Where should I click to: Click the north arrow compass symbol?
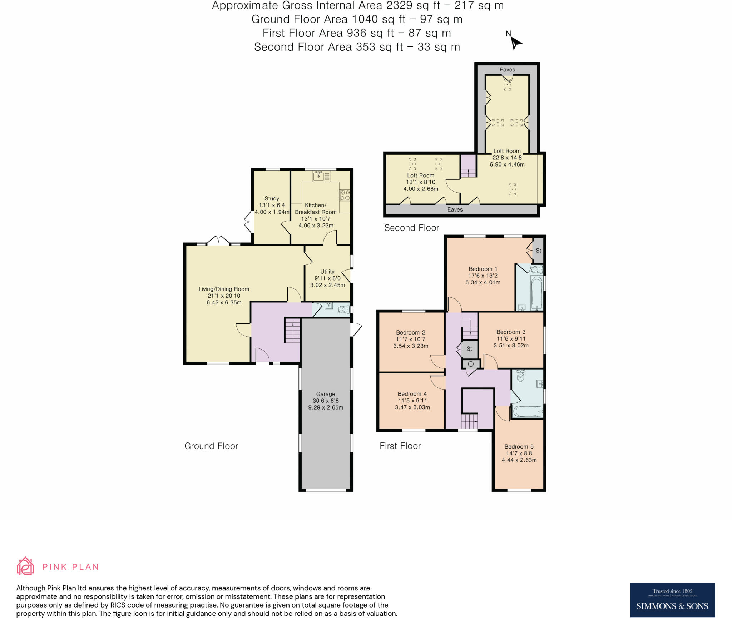pos(515,43)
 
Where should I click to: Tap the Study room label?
pos(272,198)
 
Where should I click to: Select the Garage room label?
pos(326,394)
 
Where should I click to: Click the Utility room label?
pos(327,272)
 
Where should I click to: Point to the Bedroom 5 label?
pos(519,446)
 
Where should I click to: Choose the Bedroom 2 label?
pos(410,332)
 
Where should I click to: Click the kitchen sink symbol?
pos(318,176)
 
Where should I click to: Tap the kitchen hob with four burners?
pos(345,195)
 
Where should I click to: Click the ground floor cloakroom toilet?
pos(343,309)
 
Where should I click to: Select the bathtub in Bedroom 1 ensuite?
pos(536,293)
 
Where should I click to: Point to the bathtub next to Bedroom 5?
pos(527,411)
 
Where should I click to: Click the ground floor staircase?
pos(293,331)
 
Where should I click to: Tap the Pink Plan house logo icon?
pos(25,566)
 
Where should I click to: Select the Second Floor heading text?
pos(411,228)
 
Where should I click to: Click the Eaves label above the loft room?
pos(507,70)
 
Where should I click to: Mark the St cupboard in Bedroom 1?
pos(538,251)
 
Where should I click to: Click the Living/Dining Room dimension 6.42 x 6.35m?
pos(224,302)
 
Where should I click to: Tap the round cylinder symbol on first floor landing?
pos(471,364)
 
